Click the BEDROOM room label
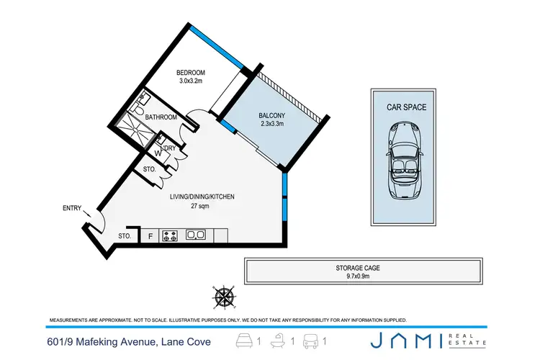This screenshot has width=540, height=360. [x=192, y=72]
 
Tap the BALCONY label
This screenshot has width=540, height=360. [x=272, y=115]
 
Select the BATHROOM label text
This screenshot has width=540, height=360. [x=161, y=117]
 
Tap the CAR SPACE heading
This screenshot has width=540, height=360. [x=408, y=107]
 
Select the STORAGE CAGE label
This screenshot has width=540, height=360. [x=363, y=268]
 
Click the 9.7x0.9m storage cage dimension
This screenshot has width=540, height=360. [x=363, y=276]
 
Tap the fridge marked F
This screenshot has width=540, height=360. [x=150, y=235]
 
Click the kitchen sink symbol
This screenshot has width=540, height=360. [x=195, y=235]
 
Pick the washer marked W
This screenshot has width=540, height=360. [x=158, y=153]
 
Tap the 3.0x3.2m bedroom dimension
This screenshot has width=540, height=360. [x=192, y=81]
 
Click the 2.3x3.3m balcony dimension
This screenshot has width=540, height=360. [x=272, y=124]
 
